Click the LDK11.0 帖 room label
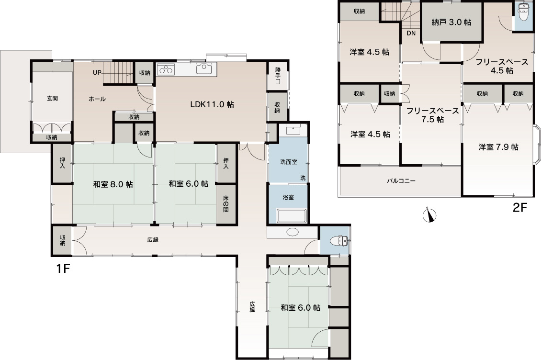(x=212, y=104)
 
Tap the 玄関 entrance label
(x=53, y=98)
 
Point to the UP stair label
(x=97, y=73)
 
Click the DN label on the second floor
(x=411, y=34)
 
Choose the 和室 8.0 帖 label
(x=113, y=184)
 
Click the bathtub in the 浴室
(x=292, y=216)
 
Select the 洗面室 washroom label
(x=289, y=162)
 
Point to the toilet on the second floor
(x=524, y=12)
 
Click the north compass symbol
(x=429, y=215)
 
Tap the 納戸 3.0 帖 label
(x=451, y=22)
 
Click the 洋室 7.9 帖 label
(x=498, y=147)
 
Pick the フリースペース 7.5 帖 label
(x=432, y=115)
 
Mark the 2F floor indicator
(x=520, y=208)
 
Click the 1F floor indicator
(x=63, y=268)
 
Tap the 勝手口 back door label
(x=278, y=75)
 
